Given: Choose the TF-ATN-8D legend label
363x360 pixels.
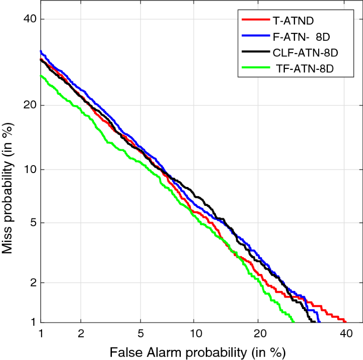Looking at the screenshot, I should coord(305,68).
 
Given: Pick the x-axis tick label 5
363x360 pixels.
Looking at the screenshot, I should coord(141,334).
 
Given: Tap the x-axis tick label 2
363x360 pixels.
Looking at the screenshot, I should coord(81,334).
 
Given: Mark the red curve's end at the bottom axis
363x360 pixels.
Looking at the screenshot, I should coord(345,321).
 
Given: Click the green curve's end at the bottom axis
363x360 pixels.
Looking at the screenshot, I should coord(293,321).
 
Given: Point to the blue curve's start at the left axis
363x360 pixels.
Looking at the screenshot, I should coord(41,51).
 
